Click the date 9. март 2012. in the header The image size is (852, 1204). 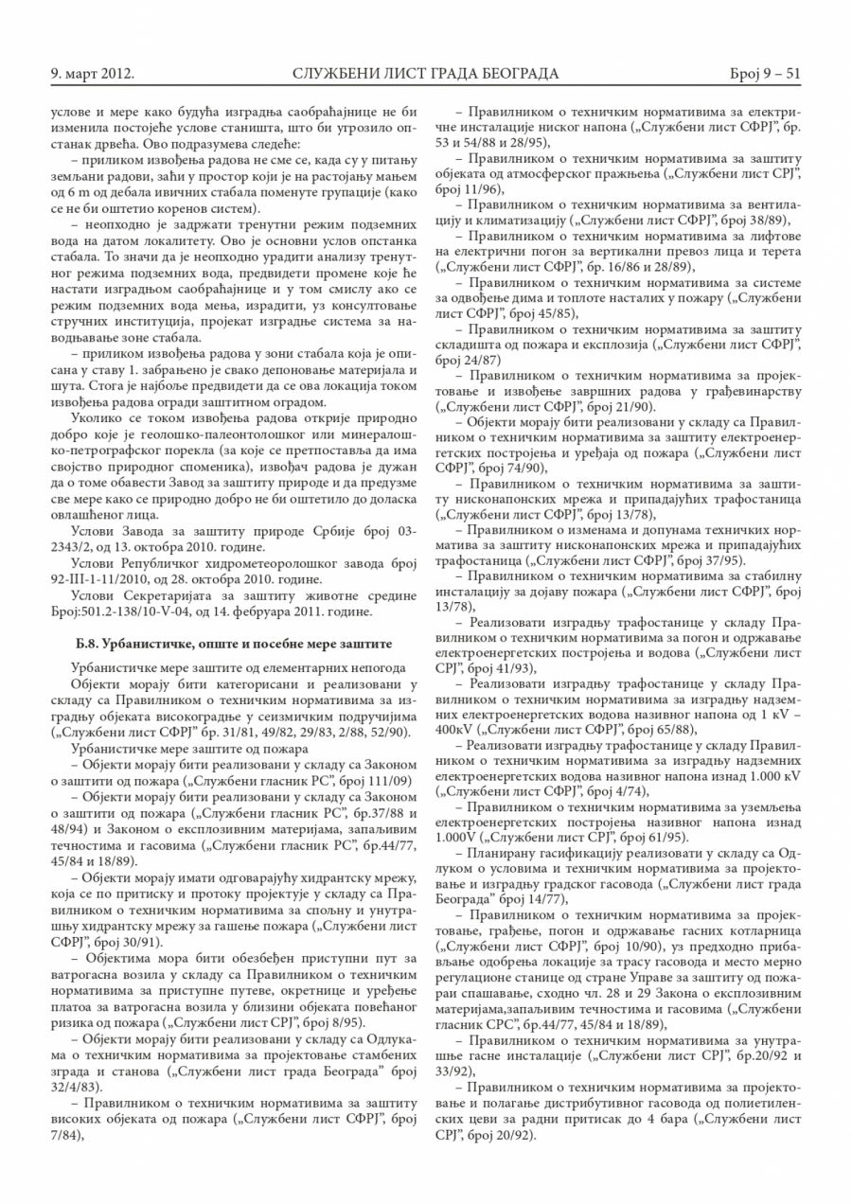[x=91, y=73]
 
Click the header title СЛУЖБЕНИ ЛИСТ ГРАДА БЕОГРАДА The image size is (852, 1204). [x=425, y=73]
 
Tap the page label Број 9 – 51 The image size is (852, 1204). [x=765, y=73]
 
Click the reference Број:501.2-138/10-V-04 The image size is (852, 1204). [x=127, y=611]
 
